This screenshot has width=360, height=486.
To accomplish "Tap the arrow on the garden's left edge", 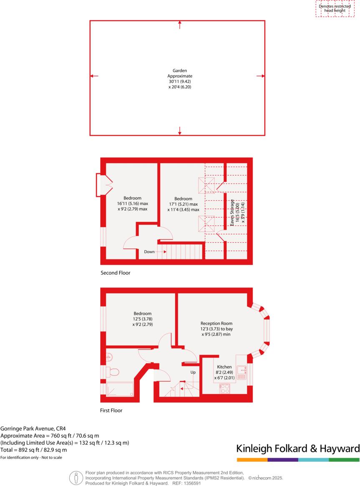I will coord(94,76).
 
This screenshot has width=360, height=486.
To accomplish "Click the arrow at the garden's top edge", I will coord(180,25).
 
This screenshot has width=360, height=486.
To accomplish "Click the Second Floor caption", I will coord(116,273).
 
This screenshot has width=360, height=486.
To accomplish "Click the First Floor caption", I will coord(111,410).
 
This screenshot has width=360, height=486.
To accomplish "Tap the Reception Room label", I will coord(216,323).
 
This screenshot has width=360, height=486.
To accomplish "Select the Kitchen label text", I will coord(224,367).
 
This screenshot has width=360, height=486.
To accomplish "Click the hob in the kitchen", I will coord(224,388).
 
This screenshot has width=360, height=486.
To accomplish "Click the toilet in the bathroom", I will coord(113,371).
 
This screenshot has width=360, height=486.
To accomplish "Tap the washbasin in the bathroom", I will coord(109,357).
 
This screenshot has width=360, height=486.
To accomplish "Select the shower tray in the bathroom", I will coord(120,389).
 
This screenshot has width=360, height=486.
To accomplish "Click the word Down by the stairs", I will coord(149,252).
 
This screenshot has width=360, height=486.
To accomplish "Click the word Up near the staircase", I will coord(193,372).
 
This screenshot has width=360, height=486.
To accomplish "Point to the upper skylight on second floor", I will coord(206,184).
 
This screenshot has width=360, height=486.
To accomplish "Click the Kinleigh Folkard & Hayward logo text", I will coord(298,448).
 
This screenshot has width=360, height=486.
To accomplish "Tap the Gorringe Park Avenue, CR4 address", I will coord(33,428).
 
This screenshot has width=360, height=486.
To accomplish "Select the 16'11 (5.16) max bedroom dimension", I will coord(132,204).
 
